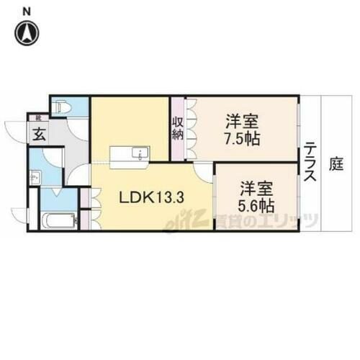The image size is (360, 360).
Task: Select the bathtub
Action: click(x=55, y=220)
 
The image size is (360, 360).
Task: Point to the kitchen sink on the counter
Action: click(x=142, y=153)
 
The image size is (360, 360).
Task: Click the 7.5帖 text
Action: click(x=241, y=138)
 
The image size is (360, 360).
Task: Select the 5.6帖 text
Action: click(x=256, y=205)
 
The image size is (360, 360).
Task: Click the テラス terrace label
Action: click(x=311, y=164)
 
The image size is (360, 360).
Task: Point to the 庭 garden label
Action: click(x=336, y=163)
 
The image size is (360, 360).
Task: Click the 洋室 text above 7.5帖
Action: click(x=241, y=120)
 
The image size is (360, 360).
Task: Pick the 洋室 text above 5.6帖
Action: click(x=256, y=189)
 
